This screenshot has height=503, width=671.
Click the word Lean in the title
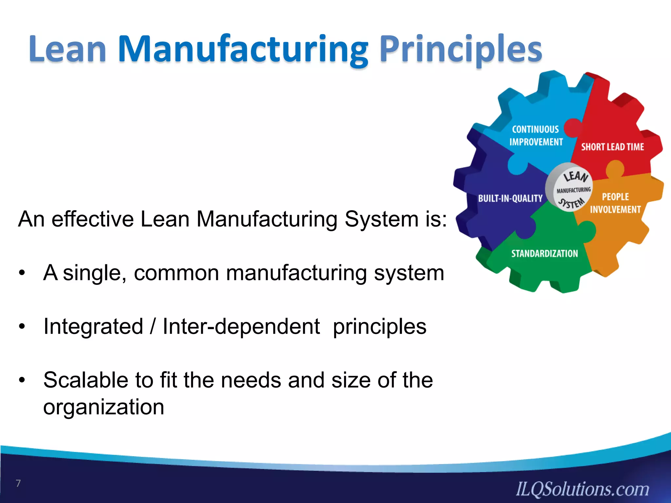[x=67, y=49]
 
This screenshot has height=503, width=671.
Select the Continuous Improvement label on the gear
[x=536, y=136]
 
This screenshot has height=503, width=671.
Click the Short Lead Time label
[x=612, y=147]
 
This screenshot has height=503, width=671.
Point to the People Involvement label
[x=615, y=203]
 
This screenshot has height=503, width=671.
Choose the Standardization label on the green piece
[x=545, y=253]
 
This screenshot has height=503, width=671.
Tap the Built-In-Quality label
[x=510, y=198]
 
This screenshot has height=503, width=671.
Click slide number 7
[x=18, y=483]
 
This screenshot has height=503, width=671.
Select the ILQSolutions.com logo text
[x=582, y=489]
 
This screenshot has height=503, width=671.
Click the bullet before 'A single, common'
[x=22, y=273]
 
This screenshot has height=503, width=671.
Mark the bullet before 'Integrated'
[x=22, y=326]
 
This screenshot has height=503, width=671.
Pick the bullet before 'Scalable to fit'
[x=22, y=380]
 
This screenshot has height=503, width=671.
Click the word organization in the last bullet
[x=104, y=407]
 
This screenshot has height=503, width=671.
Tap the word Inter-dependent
[x=241, y=326]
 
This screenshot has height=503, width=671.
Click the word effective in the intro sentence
[x=93, y=219]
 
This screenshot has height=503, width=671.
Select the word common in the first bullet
[x=176, y=273]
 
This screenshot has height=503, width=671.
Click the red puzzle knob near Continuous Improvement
[x=572, y=128]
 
